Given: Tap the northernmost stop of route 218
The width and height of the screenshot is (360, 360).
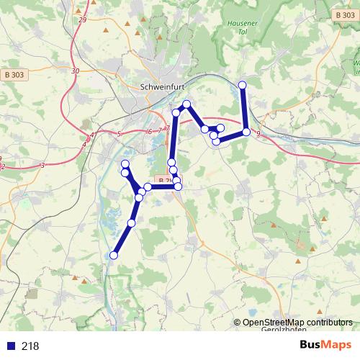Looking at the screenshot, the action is [243, 86].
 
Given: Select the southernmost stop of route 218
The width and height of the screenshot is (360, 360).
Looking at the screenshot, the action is [114, 255].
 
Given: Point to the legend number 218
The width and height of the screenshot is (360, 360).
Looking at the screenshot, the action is [30, 346].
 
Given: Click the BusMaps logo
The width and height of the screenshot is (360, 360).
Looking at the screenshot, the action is [325, 345].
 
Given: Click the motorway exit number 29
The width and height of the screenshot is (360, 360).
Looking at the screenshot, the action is [82, 19].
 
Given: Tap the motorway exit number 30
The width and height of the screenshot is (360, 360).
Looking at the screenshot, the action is [76, 71].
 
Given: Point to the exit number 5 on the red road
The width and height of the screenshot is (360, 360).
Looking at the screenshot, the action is [119, 134].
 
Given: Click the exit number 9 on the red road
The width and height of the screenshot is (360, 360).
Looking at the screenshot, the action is [258, 133].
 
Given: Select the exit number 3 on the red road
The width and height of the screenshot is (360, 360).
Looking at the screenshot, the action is [42, 166].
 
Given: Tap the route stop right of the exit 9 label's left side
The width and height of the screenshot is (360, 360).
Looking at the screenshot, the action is [247, 132].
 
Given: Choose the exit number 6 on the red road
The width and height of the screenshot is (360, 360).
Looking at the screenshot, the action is [150, 131].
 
